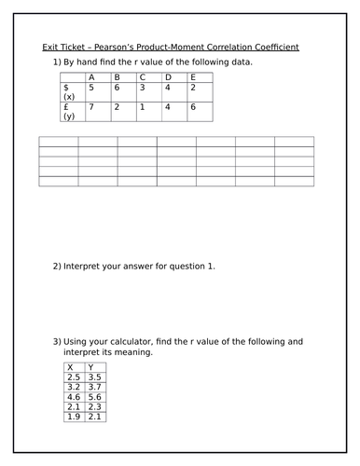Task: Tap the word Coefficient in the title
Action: click(279, 48)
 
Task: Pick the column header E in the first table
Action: click(192, 76)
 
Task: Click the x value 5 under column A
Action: click(91, 87)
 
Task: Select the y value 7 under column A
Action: click(91, 107)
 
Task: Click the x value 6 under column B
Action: click(117, 87)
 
